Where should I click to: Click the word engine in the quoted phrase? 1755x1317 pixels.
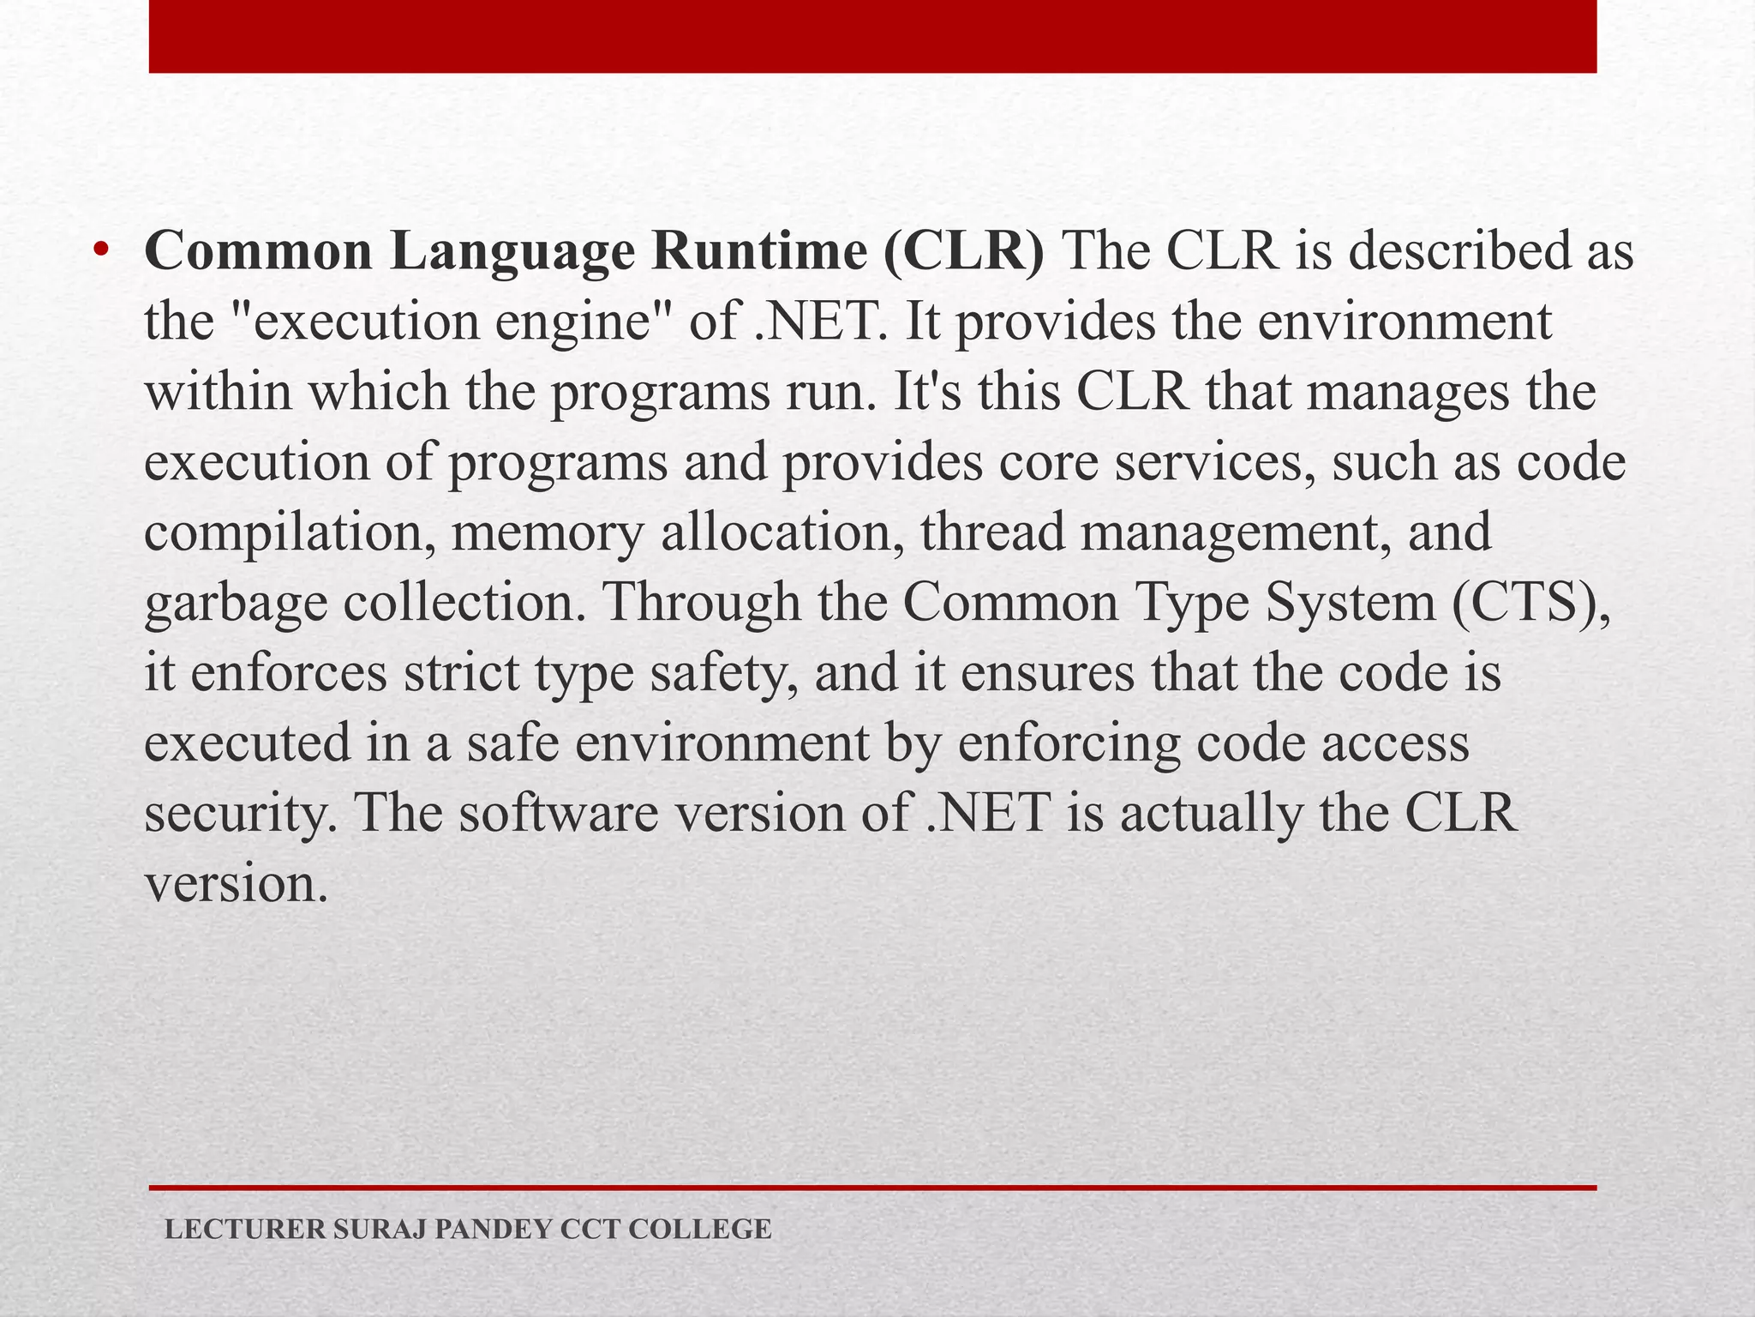[x=583, y=322]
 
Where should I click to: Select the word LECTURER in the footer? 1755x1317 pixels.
[x=245, y=1230]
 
